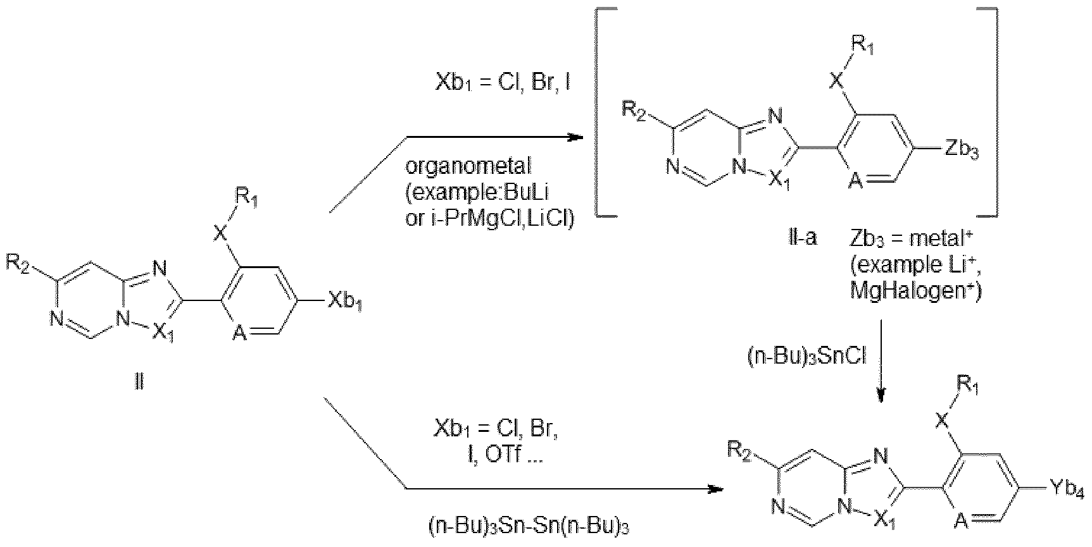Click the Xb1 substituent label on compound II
point(346,304)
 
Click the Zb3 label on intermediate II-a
point(960,152)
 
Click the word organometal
point(468,167)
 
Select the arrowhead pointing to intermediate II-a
point(574,137)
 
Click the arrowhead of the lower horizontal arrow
point(715,489)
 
